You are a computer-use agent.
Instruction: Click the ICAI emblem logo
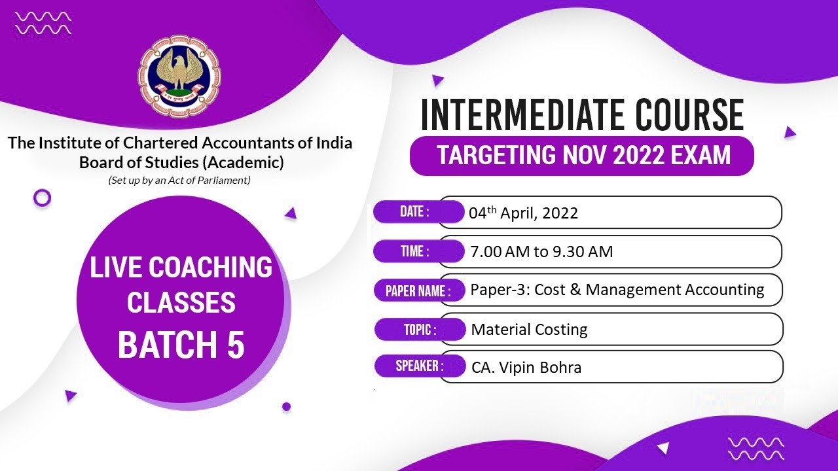click(179, 77)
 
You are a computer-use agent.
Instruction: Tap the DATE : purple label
click(415, 212)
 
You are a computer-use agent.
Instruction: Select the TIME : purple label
click(415, 251)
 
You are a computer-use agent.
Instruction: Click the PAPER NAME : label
click(418, 290)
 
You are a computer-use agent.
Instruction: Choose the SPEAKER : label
click(419, 366)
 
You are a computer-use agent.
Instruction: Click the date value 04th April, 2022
click(523, 213)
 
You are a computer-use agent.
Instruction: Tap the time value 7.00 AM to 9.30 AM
click(541, 252)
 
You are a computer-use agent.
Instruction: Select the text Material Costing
click(529, 330)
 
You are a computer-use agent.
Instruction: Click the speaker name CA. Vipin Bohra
click(526, 368)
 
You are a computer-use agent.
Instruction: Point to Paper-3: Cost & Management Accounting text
click(617, 290)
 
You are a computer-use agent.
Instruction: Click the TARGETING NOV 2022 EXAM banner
click(582, 156)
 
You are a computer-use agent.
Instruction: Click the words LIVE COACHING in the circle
click(181, 268)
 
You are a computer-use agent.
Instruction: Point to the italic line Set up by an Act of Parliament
click(179, 180)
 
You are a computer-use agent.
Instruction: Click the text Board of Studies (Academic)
click(181, 162)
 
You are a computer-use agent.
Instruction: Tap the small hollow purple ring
click(42, 198)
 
